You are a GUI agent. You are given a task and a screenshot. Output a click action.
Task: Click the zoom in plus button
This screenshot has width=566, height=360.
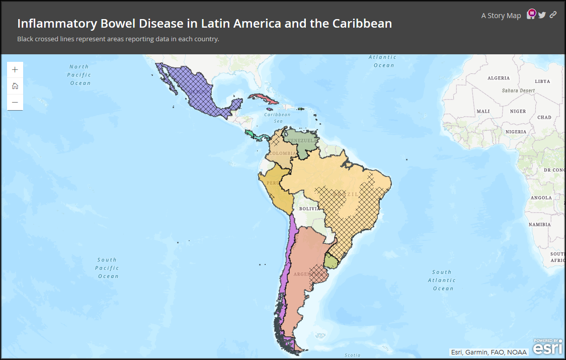tap(15, 70)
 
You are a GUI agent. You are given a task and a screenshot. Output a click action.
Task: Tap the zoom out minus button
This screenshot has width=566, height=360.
tap(15, 102)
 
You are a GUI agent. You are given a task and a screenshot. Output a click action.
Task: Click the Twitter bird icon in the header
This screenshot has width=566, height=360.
tap(542, 15)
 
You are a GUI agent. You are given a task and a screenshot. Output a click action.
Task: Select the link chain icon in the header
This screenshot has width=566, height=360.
tap(553, 15)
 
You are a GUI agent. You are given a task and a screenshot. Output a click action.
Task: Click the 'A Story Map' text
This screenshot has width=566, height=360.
tap(501, 16)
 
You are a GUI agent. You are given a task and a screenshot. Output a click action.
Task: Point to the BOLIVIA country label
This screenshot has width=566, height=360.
tap(309, 208)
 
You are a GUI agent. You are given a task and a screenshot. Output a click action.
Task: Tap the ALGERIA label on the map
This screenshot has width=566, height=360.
tap(498, 78)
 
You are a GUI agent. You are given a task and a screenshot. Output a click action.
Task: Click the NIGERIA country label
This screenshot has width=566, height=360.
tap(516, 132)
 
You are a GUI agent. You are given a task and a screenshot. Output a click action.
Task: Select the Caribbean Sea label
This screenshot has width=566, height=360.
tap(277, 118)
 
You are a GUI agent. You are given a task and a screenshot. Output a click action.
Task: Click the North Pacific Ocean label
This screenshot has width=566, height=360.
tap(79, 74)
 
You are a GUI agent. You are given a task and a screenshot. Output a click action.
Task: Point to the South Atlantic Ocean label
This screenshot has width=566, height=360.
tap(443, 280)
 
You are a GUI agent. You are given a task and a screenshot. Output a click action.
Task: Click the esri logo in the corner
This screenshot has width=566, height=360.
tap(548, 347)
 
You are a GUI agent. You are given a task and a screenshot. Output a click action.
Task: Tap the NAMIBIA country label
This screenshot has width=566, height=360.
tap(539, 224)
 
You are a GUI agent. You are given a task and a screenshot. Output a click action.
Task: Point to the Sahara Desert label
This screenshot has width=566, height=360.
tap(518, 91)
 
